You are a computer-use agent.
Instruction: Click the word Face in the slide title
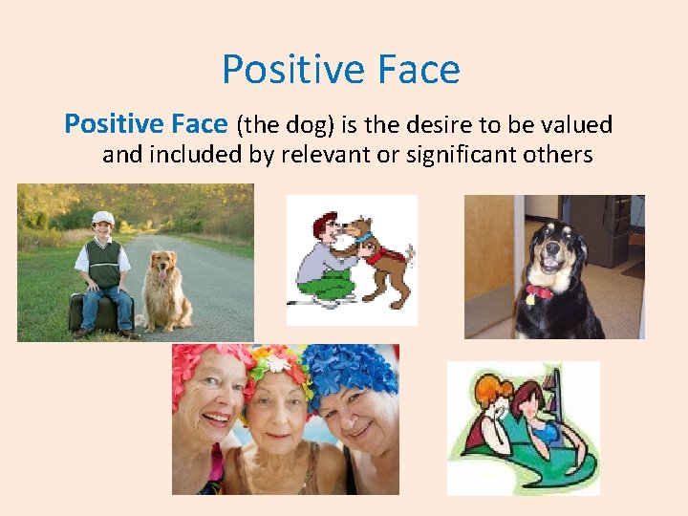417,70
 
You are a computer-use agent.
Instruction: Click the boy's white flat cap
102,217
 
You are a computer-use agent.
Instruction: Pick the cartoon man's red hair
325,222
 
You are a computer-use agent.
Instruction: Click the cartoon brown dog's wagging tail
408,254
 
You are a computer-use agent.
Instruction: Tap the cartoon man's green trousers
330,285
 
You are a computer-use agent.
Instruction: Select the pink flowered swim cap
205,363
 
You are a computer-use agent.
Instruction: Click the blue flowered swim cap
354,368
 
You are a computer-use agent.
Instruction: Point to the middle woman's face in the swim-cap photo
277,420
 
